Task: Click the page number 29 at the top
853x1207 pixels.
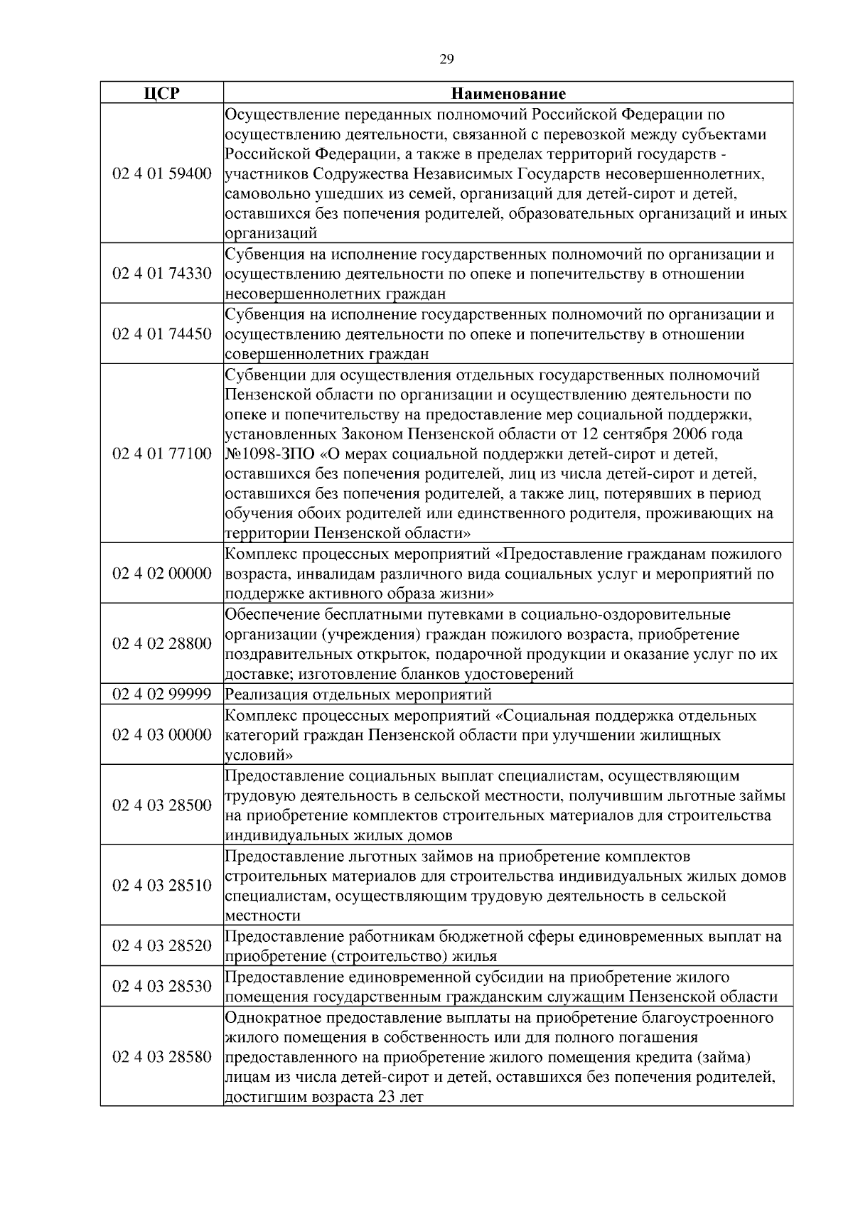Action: point(446,60)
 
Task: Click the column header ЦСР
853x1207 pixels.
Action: point(162,93)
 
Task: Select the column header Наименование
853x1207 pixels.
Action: point(508,93)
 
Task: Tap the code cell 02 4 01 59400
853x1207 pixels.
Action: point(162,173)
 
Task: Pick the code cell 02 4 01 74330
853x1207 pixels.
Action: point(162,274)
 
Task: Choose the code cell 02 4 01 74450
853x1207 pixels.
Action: point(162,334)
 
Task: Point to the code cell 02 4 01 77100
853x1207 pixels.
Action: point(162,454)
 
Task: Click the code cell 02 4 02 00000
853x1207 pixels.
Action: point(162,574)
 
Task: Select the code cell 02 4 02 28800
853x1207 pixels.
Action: point(162,644)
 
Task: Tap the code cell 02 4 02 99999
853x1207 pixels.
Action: point(162,694)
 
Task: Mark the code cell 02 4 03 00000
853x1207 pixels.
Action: point(162,734)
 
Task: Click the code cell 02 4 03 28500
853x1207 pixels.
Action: point(162,805)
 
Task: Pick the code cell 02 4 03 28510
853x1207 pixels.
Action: point(162,886)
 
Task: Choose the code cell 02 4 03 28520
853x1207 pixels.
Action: point(162,946)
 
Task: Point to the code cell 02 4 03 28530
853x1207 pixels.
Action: point(162,987)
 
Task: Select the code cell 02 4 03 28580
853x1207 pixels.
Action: point(162,1057)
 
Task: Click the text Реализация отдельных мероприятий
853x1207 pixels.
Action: point(358,694)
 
